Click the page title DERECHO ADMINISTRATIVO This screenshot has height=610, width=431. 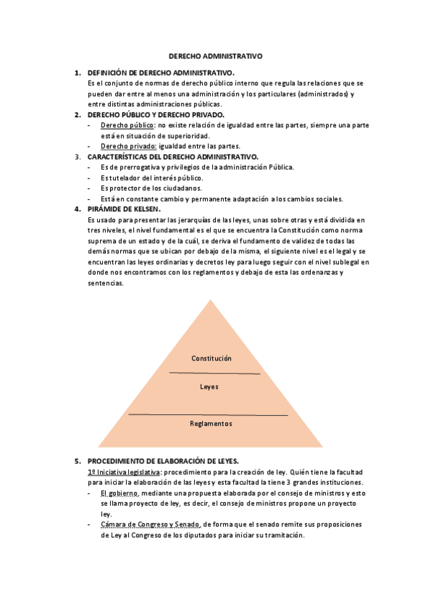pyautogui.click(x=215, y=55)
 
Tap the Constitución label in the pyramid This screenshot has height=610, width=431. pyautogui.click(x=212, y=358)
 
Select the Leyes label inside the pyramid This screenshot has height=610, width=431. pyautogui.click(x=209, y=387)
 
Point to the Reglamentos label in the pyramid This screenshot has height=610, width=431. pyautogui.click(x=211, y=424)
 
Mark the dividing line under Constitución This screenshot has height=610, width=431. pyautogui.click(x=214, y=373)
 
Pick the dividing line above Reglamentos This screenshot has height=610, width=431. pyautogui.click(x=208, y=415)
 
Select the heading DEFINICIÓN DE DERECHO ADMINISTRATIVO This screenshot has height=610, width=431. pyautogui.click(x=160, y=73)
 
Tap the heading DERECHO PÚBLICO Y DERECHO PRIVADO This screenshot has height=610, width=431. pyautogui.click(x=155, y=114)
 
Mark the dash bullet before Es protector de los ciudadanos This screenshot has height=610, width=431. pyautogui.click(x=88, y=188)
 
